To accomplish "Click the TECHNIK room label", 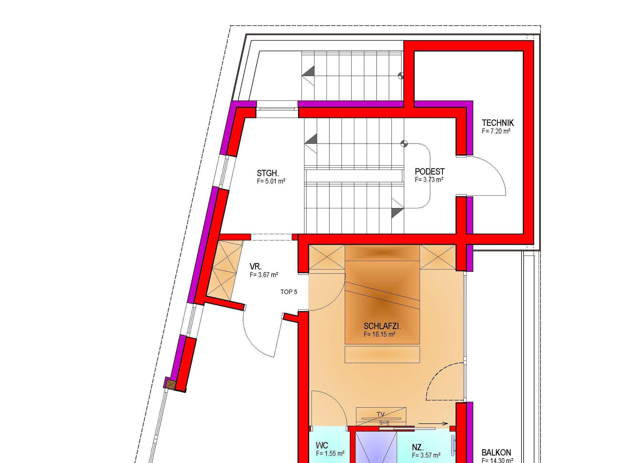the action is pyautogui.click(x=498, y=123).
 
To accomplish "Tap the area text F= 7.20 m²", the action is pyautogui.click(x=496, y=131).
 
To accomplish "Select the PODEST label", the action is pyautogui.click(x=430, y=172).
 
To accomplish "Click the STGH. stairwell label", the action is pyautogui.click(x=268, y=173).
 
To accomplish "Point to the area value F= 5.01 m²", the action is pyautogui.click(x=271, y=181).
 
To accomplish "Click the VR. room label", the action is pyautogui.click(x=256, y=266).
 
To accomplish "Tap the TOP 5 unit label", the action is pyautogui.click(x=289, y=292).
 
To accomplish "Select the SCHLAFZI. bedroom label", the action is pyautogui.click(x=382, y=326).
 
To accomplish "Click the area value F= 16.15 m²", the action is pyautogui.click(x=380, y=334).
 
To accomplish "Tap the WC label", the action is pyautogui.click(x=322, y=445).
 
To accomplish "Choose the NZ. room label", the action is pyautogui.click(x=418, y=447).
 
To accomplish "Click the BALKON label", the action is pyautogui.click(x=496, y=452).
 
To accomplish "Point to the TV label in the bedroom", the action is pyautogui.click(x=381, y=415).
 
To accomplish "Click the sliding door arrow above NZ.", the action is pyautogui.click(x=431, y=424).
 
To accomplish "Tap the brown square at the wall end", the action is pyautogui.click(x=171, y=384).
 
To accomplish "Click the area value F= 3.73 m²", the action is pyautogui.click(x=429, y=180).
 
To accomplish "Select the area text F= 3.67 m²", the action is pyautogui.click(x=264, y=275).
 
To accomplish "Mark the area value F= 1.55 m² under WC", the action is pyautogui.click(x=330, y=453).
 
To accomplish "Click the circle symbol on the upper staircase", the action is pyautogui.click(x=401, y=76).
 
